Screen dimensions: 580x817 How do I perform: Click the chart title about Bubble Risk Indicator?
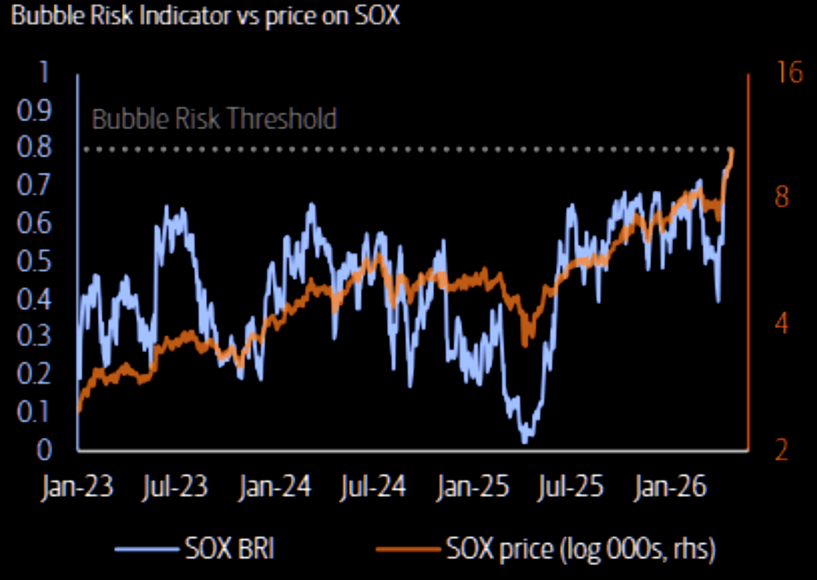(205, 16)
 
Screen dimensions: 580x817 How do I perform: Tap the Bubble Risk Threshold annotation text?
(214, 119)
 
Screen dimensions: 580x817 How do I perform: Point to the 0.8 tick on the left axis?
(34, 148)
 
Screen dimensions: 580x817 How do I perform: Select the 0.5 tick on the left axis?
(34, 262)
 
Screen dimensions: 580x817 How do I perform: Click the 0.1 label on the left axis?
(34, 412)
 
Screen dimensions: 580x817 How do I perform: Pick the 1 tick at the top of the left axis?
(43, 72)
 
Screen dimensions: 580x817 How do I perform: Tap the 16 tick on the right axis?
(789, 73)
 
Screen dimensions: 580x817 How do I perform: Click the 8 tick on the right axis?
(782, 197)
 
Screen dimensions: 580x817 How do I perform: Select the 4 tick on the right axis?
(782, 324)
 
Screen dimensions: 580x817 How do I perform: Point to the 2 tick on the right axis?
(782, 450)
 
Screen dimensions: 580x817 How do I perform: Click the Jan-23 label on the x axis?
(77, 486)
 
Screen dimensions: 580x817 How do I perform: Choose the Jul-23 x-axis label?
(175, 486)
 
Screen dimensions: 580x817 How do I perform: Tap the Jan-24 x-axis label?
(275, 486)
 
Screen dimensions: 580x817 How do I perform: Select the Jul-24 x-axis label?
(373, 486)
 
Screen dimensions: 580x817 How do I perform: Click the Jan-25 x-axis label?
(473, 486)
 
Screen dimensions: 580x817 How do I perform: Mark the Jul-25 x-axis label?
(570, 486)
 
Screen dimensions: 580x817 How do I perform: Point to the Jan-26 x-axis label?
(670, 486)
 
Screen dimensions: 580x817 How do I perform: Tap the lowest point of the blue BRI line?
(525, 441)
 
